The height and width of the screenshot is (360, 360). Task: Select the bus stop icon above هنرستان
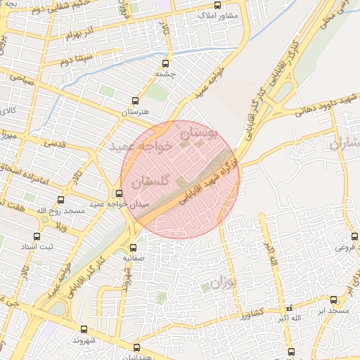(136, 101)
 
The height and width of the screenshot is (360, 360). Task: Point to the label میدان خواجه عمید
(106, 205)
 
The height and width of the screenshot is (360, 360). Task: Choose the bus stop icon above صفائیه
(134, 247)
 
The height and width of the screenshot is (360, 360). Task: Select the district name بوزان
(220, 284)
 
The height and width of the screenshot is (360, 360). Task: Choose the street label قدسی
(54, 143)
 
